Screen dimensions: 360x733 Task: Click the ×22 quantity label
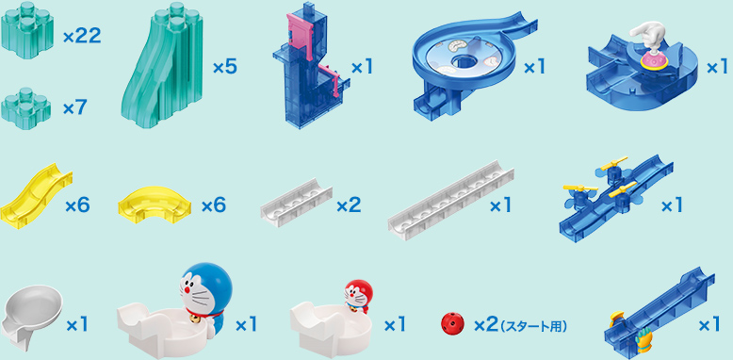click(81, 38)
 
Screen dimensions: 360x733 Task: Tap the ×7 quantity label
click(74, 108)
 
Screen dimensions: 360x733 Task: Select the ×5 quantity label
click(225, 68)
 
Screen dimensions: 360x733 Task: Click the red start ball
click(452, 324)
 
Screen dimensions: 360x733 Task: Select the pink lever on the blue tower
click(301, 35)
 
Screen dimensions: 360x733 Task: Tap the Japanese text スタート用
click(533, 326)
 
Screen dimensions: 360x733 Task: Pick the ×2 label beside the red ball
click(485, 325)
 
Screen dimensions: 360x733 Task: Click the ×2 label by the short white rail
click(348, 205)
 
